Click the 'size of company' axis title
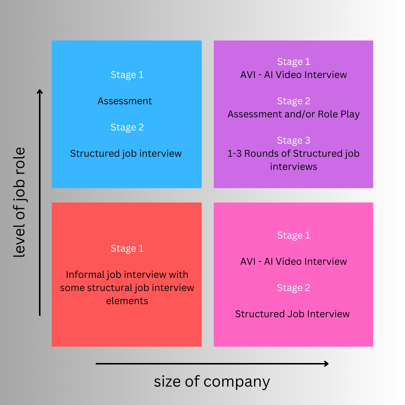[x=212, y=382]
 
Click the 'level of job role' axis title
[x=19, y=202]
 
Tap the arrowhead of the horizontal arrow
[x=326, y=363]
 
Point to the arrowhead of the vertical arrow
[x=40, y=92]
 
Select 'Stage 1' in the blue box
[x=127, y=75]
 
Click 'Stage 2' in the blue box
[x=127, y=127]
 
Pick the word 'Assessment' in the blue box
[x=125, y=101]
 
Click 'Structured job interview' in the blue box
[x=126, y=153]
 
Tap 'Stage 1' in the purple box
[x=294, y=61]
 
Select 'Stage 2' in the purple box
[x=294, y=101]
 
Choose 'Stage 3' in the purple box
[x=294, y=140]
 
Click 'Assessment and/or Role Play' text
[x=294, y=114]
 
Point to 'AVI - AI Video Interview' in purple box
[x=294, y=75]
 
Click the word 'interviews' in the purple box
[x=294, y=166]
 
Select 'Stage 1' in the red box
[x=127, y=248]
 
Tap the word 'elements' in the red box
[x=127, y=301]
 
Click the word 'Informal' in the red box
[x=79, y=274]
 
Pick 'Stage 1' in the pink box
[x=294, y=235]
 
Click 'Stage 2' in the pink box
[x=294, y=288]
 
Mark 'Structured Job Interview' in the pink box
[x=292, y=314]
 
